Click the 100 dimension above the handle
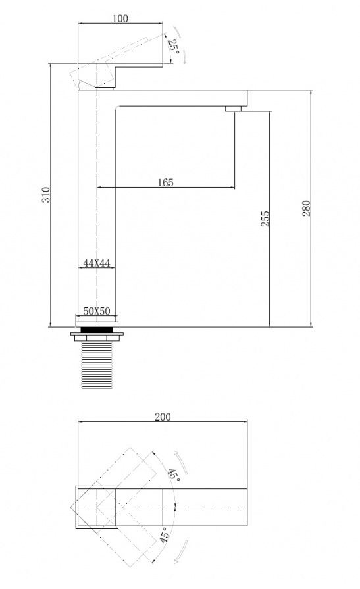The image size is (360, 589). pos(120,18)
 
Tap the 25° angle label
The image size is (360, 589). pos(173,46)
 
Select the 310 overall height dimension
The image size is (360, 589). pos(45,195)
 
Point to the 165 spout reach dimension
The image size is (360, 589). pos(165,182)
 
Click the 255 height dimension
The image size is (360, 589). pos(265,218)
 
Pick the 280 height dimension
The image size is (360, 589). pos(307,209)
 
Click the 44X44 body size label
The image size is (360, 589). pos(97,263)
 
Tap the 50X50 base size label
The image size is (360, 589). pos(97,311)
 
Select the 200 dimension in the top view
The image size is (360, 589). pos(163,417)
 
